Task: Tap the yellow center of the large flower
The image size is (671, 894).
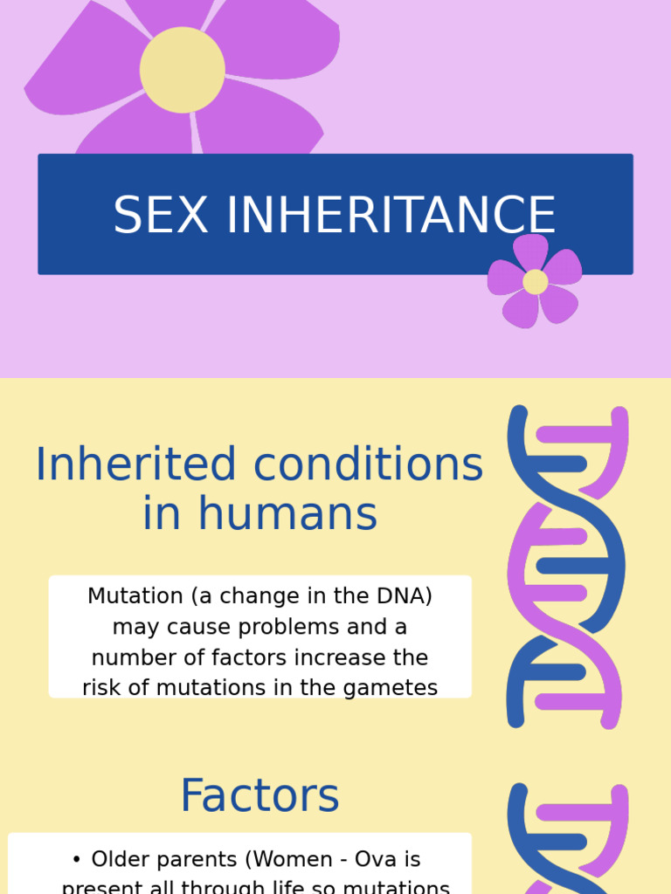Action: pos(182,70)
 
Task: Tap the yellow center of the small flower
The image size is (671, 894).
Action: pos(536,282)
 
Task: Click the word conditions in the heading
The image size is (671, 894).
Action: pos(368,464)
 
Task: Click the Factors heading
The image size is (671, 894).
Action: pos(259,796)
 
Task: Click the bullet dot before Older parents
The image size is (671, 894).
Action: pos(78,861)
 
